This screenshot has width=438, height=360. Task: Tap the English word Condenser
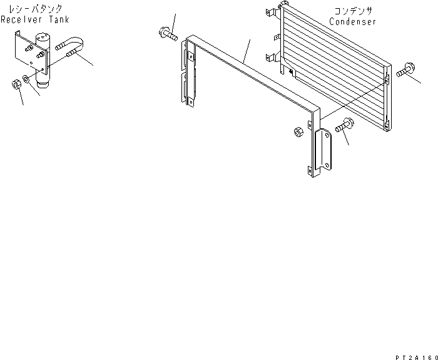tap(353, 22)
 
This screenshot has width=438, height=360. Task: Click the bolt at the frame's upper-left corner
tap(166, 33)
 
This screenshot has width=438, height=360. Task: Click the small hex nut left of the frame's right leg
tap(298, 131)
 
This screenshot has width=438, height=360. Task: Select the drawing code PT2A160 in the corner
tap(414, 355)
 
